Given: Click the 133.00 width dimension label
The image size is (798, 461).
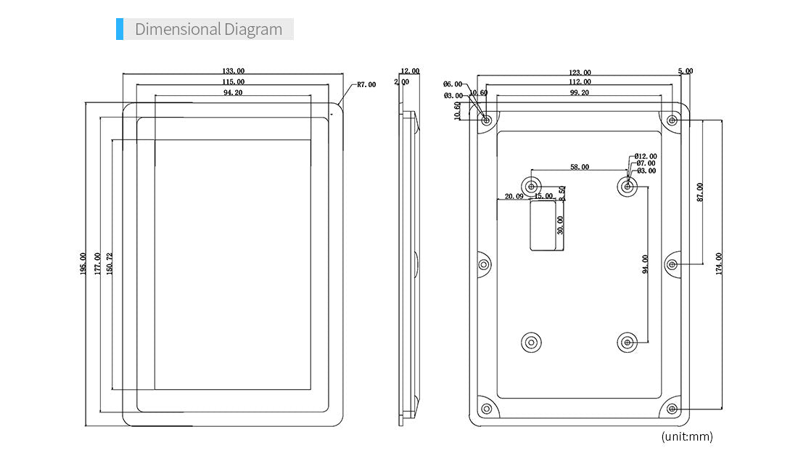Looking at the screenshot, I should [x=233, y=71].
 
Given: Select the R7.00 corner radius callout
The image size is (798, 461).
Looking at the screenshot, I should [x=366, y=85].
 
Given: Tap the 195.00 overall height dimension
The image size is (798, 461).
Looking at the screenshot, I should [x=83, y=264].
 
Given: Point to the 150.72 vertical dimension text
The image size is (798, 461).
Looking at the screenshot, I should [x=110, y=264].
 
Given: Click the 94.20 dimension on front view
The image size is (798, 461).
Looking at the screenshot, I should [x=233, y=93].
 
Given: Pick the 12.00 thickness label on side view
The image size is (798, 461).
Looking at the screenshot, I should [x=410, y=71].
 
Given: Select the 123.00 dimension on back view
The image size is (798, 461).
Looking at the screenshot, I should [x=580, y=73].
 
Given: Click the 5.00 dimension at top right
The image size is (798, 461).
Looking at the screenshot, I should [x=686, y=71].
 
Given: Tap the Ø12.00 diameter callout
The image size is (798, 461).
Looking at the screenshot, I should [x=646, y=156].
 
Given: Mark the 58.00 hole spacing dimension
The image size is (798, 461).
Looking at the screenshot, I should [x=580, y=167].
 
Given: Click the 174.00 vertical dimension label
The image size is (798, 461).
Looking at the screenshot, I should [x=718, y=263].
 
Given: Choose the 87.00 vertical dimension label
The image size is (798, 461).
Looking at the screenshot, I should [x=699, y=192].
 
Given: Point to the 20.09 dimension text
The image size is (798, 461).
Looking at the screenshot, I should [x=514, y=196].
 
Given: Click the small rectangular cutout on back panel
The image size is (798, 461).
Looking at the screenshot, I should [x=544, y=226].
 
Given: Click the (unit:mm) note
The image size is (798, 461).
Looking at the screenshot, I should [x=686, y=436].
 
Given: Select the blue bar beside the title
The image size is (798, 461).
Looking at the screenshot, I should [x=120, y=30].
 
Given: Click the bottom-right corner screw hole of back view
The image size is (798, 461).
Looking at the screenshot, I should [x=672, y=409].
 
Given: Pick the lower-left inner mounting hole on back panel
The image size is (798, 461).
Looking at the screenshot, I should [x=532, y=342].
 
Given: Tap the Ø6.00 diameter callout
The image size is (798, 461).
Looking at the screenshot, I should [x=453, y=85].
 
